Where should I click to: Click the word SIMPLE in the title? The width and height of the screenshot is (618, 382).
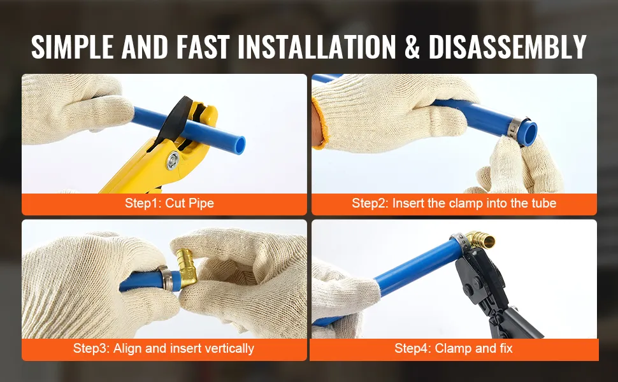click(72, 47)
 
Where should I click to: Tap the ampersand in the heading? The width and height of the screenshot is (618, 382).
click(412, 47)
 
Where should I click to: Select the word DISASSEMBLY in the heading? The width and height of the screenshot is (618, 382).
click(508, 47)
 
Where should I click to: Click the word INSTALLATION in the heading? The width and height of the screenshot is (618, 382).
click(317, 47)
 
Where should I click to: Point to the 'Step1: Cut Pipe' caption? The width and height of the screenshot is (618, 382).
click(169, 203)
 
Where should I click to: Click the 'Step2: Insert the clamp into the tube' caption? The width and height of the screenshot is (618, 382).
click(454, 203)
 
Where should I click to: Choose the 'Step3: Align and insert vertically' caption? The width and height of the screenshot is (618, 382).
click(164, 348)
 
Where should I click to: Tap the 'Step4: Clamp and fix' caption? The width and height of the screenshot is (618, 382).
click(454, 348)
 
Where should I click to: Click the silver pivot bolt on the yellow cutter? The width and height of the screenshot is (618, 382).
click(172, 160)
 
